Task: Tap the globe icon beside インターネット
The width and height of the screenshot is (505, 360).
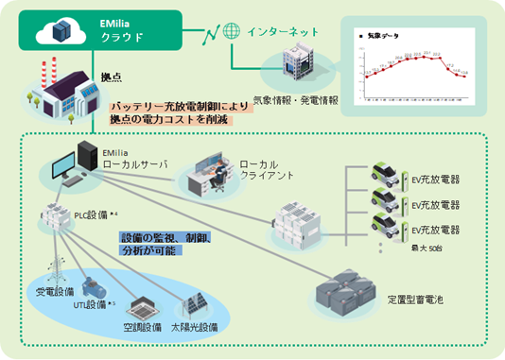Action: pyautogui.click(x=232, y=30)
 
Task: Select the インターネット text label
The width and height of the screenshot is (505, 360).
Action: pyautogui.click(x=276, y=30)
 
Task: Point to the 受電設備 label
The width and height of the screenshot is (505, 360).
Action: pyautogui.click(x=55, y=292)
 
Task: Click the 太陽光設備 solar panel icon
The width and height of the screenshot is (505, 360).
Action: pyautogui.click(x=195, y=305)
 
